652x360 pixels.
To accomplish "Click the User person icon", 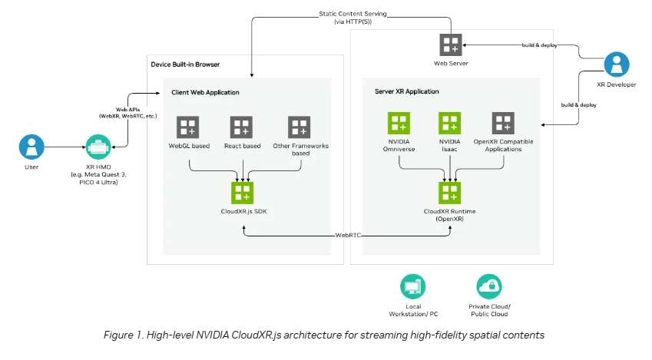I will tap(31, 146).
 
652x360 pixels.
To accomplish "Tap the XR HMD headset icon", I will tap(98, 146).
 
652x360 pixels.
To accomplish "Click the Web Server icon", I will tap(449, 44).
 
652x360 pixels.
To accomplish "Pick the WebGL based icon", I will tap(188, 127).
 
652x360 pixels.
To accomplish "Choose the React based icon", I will tap(243, 127).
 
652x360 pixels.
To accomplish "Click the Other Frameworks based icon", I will tap(298, 127).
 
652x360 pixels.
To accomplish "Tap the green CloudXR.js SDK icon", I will tap(243, 192).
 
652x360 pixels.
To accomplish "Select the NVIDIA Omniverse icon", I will tap(399, 124).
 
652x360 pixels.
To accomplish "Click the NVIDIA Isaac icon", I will tap(449, 124).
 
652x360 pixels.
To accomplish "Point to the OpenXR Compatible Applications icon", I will tap(503, 124).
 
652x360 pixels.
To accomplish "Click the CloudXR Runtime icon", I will tap(449, 192).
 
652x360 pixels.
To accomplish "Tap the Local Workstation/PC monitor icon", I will tap(412, 287).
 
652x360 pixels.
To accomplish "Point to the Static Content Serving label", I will tap(352, 15).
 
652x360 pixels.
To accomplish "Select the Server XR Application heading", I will tap(406, 91).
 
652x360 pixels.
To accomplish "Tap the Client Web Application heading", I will tap(205, 93).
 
